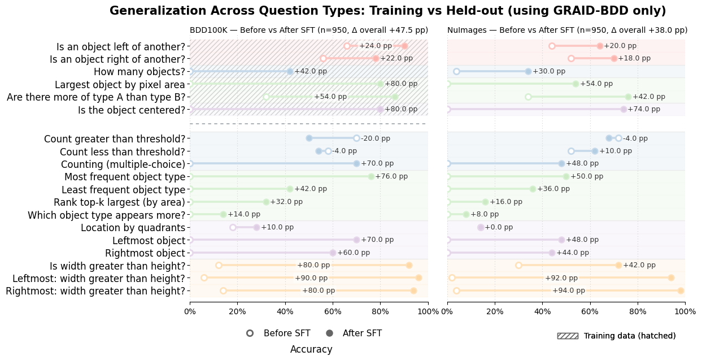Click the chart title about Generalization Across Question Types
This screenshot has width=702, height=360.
[x=387, y=11]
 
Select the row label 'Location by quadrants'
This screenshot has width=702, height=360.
[x=133, y=228]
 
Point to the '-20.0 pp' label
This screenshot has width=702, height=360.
[x=376, y=138]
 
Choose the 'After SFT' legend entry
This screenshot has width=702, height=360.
[x=362, y=333]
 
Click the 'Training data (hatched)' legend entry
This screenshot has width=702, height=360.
[x=630, y=336]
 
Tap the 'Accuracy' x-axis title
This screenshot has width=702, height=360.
[x=311, y=350]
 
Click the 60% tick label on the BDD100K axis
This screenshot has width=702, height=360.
[x=333, y=312]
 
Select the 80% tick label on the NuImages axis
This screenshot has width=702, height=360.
[x=638, y=312]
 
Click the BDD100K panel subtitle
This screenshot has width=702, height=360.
[x=308, y=31]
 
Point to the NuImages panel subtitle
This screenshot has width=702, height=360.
[x=567, y=31]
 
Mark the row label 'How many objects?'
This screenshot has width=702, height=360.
[x=139, y=72]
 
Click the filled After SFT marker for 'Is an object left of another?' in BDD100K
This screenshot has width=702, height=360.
[x=404, y=46]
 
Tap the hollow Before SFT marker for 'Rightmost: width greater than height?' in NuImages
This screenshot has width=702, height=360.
[x=456, y=290]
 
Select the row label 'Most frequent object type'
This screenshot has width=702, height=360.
[x=123, y=177]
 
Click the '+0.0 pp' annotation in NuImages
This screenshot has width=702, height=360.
[x=499, y=228]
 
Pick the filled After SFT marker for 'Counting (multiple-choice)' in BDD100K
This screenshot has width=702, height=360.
[x=356, y=163]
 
